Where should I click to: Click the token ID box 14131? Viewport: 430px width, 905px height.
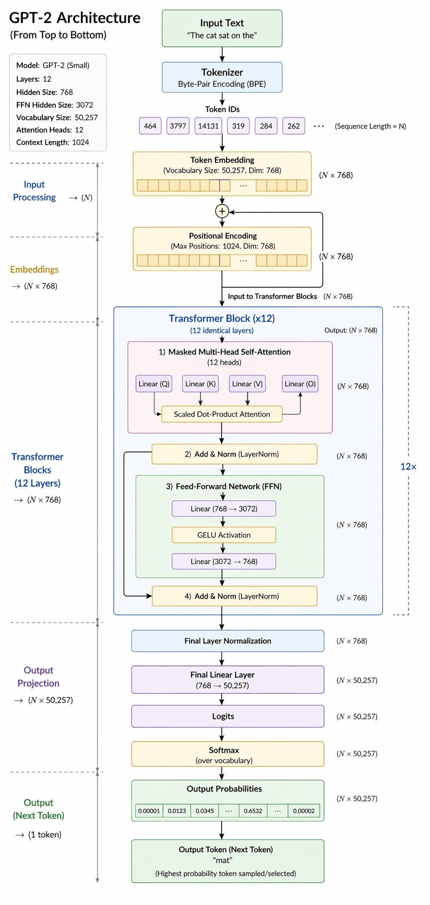[x=209, y=126]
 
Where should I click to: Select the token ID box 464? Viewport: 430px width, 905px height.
[x=150, y=126]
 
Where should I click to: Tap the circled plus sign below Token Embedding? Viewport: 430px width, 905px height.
[x=222, y=211]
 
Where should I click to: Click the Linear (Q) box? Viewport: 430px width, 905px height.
[x=154, y=384]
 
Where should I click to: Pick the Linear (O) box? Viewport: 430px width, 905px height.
[x=300, y=384]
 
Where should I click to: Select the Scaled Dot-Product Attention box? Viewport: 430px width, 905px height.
[x=222, y=414]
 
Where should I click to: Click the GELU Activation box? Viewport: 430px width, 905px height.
[x=223, y=535]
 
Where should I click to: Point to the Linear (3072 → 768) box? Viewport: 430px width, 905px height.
[x=223, y=561]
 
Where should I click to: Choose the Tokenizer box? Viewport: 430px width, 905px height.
[x=222, y=77]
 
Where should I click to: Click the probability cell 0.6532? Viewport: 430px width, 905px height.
[x=253, y=811]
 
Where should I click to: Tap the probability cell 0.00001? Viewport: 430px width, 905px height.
[x=149, y=811]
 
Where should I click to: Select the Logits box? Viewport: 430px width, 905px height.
[x=227, y=716]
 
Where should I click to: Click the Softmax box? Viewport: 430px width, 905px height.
[x=227, y=754]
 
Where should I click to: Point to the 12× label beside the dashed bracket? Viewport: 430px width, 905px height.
[x=408, y=466]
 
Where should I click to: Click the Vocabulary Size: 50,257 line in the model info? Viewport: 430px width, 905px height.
[x=57, y=117]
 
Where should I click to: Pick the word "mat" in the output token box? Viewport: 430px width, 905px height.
[x=222, y=860]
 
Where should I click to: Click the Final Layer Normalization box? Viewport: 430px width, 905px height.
[x=227, y=641]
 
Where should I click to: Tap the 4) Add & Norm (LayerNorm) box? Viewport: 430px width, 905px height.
[x=234, y=596]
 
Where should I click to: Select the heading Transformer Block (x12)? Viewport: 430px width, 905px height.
[x=221, y=318]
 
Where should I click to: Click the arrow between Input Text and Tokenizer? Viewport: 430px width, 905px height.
[x=222, y=54]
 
